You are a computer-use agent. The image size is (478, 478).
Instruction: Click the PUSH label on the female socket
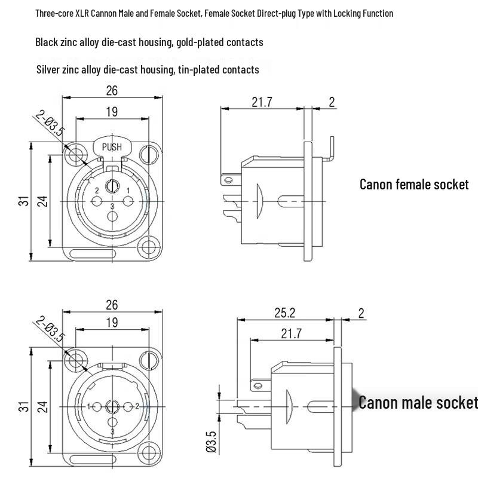(x=112, y=147)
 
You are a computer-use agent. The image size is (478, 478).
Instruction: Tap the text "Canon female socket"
(x=414, y=184)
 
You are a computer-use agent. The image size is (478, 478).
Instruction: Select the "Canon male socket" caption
(x=418, y=402)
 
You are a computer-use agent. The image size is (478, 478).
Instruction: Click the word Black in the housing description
(x=47, y=42)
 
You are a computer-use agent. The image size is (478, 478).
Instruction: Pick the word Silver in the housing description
(x=49, y=70)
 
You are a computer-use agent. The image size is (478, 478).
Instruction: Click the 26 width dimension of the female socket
(x=112, y=90)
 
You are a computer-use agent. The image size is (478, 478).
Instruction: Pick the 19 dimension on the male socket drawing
(x=112, y=322)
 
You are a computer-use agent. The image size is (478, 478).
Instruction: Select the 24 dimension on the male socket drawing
(x=42, y=406)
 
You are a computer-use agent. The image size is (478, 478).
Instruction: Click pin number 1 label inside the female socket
(x=128, y=174)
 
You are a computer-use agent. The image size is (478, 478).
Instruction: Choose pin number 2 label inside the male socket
(x=137, y=406)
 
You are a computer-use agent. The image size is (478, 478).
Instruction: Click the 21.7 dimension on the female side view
(x=262, y=102)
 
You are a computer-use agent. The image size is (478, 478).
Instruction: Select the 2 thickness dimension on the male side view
(x=360, y=312)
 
